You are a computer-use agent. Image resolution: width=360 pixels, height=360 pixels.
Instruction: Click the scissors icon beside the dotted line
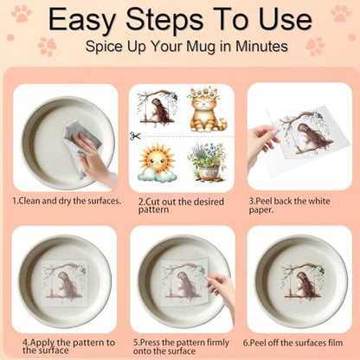click(135, 136)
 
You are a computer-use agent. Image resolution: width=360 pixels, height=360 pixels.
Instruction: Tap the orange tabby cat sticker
click(207, 111)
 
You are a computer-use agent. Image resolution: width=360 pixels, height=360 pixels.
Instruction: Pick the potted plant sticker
click(207, 163)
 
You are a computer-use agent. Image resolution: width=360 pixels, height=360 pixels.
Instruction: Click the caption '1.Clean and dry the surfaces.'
click(67, 201)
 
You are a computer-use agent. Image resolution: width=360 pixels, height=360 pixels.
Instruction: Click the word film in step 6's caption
click(336, 343)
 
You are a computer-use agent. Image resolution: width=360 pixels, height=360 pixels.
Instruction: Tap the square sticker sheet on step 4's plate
click(65, 283)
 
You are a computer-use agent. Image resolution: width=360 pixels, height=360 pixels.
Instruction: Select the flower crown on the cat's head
click(206, 93)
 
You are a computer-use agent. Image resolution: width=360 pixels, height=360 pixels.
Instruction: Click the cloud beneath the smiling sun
click(157, 175)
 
